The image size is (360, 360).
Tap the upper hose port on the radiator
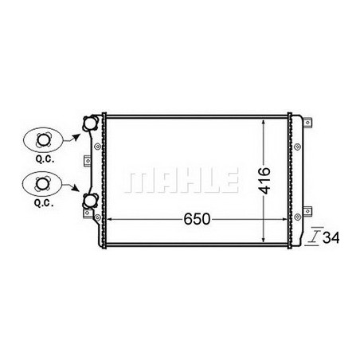pyautogui.click(x=89, y=124)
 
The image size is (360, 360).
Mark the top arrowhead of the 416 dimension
pyautogui.click(x=265, y=121)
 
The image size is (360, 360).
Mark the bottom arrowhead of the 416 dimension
pyautogui.click(x=265, y=240)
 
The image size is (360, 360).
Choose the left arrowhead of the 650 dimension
pyautogui.click(x=109, y=218)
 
